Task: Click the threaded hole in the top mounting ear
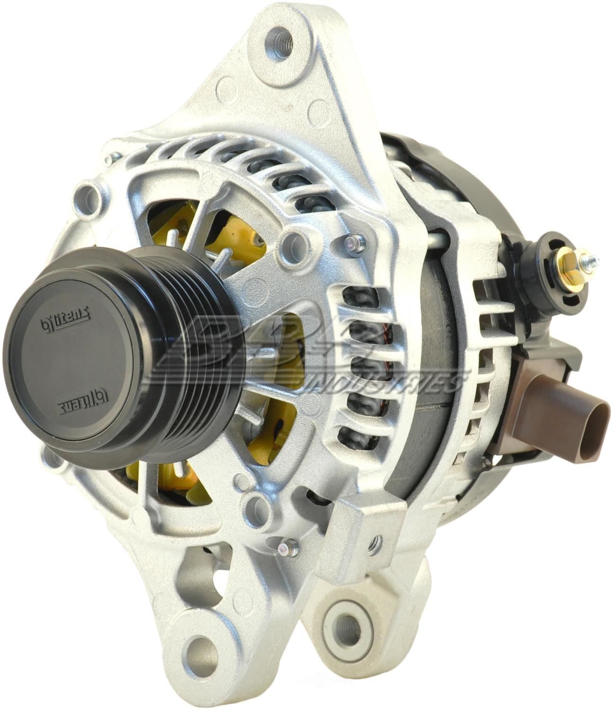(x=282, y=37)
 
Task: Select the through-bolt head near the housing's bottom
(x=286, y=548)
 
